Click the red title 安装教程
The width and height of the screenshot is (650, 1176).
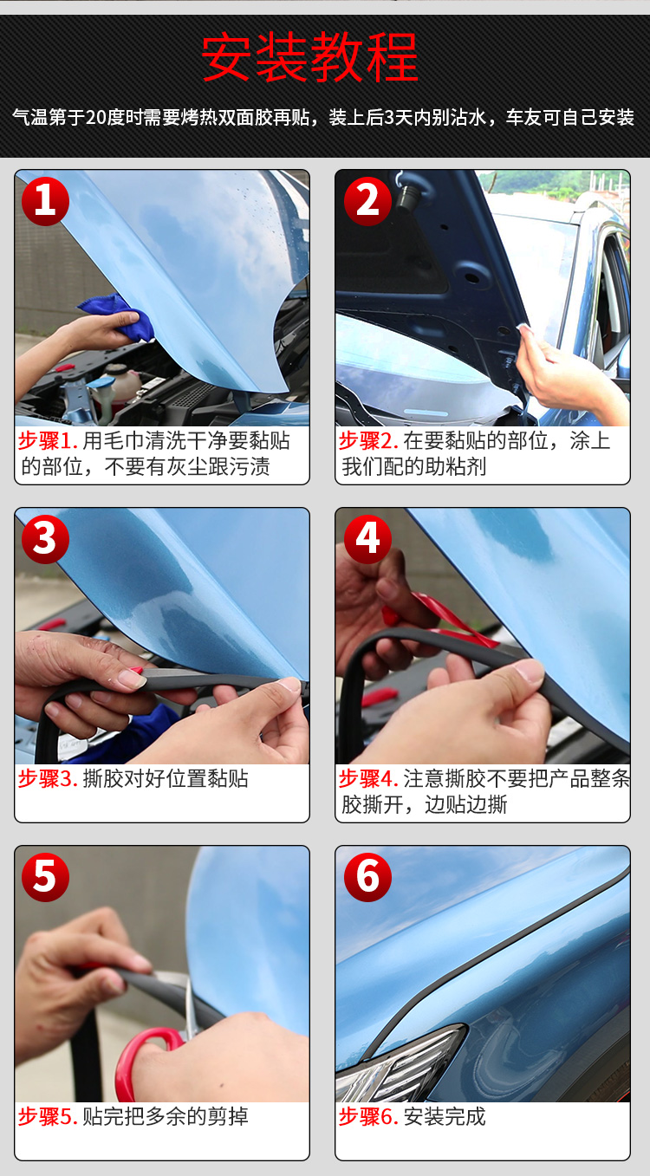click(309, 56)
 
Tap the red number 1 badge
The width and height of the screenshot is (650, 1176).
click(45, 202)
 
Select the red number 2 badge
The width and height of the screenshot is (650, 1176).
click(367, 202)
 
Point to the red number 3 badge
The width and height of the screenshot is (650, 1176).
click(45, 539)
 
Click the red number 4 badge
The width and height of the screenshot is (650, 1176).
click(367, 539)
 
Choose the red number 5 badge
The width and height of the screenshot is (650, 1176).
click(45, 877)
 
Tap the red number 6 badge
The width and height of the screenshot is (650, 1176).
click(367, 877)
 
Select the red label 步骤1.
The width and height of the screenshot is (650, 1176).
click(49, 440)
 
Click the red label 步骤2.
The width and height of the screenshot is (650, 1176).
click(368, 440)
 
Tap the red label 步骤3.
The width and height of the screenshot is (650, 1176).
click(49, 778)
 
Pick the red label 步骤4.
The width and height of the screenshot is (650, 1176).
click(368, 778)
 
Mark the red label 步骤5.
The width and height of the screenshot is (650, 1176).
click(49, 1116)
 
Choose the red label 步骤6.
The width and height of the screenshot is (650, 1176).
click(368, 1116)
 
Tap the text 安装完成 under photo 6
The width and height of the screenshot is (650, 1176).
click(445, 1116)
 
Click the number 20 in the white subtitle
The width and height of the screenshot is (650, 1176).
click(96, 118)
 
